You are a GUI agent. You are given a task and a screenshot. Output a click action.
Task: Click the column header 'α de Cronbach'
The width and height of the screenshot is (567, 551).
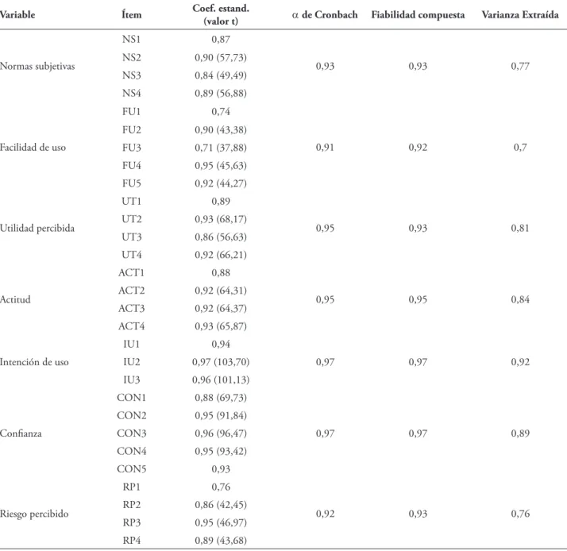pos(325,15)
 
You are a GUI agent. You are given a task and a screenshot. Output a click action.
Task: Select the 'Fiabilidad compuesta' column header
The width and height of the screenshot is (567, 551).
pos(418,15)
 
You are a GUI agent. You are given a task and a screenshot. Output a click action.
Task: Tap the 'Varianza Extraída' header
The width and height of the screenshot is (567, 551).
pos(520,15)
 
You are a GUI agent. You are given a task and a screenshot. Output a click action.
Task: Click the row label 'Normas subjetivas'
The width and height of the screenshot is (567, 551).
pos(37,66)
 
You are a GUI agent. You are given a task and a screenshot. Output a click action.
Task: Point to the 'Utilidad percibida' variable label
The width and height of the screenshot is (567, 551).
pos(37,228)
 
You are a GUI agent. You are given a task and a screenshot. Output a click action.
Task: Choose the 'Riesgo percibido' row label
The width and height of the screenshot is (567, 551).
pos(34,514)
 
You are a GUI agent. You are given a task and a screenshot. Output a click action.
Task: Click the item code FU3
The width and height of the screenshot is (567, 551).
pos(131,148)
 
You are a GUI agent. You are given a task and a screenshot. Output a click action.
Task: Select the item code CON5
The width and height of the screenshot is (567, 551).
pos(131,469)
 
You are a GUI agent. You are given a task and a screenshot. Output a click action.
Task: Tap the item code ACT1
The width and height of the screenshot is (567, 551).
pos(131,272)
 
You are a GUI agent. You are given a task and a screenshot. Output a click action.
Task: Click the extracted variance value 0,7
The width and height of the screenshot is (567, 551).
pos(520,148)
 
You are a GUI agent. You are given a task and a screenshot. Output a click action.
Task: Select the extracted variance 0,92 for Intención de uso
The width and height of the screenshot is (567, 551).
pos(520,362)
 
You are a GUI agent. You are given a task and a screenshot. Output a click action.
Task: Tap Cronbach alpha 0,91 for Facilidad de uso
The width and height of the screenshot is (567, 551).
pos(325,148)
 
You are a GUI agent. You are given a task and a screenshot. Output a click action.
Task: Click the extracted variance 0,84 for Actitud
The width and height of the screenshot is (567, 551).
pos(520,299)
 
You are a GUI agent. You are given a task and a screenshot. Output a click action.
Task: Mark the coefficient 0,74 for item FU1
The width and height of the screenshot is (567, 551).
pos(221,112)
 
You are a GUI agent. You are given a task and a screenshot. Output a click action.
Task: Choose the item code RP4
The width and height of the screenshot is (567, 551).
pos(131,541)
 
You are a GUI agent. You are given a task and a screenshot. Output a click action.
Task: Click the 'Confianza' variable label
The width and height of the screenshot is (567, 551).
pos(21,433)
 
